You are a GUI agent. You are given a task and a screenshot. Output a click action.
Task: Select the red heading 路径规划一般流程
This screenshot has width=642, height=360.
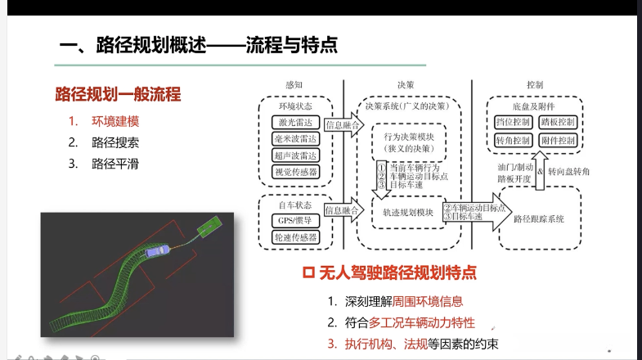(x=118, y=93)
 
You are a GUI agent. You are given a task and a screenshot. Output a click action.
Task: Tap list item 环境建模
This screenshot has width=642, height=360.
(x=115, y=121)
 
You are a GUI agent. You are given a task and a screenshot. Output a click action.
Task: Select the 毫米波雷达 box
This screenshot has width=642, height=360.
(x=294, y=139)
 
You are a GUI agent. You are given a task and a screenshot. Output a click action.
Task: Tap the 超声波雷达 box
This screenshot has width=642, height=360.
(x=294, y=155)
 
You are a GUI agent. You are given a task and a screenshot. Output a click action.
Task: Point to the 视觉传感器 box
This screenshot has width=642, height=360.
(x=294, y=172)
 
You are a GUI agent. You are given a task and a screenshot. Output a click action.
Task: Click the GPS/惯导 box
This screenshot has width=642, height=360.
(x=294, y=220)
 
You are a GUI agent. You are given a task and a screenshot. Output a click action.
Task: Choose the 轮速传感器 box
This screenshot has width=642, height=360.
(x=294, y=237)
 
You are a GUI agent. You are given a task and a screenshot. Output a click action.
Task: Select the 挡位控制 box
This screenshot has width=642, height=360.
(x=514, y=123)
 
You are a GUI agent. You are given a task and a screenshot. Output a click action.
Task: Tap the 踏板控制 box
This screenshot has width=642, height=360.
(x=559, y=123)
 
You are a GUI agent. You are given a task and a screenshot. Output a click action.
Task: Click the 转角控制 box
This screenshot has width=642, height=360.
(x=514, y=141)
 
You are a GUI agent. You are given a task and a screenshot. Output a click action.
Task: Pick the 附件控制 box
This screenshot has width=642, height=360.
(x=559, y=141)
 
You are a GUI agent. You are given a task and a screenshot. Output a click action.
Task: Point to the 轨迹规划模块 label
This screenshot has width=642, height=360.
(x=406, y=212)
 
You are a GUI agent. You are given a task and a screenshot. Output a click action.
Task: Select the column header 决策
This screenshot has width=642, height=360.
(x=406, y=84)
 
